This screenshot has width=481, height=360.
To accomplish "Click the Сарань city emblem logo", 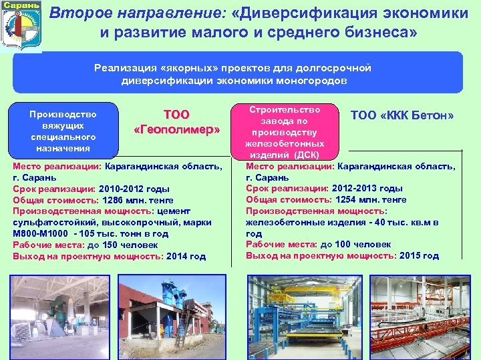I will click(21, 25).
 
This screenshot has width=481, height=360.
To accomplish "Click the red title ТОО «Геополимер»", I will click(176, 122).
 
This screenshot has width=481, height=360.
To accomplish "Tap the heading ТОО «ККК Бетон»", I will click(402, 115).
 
